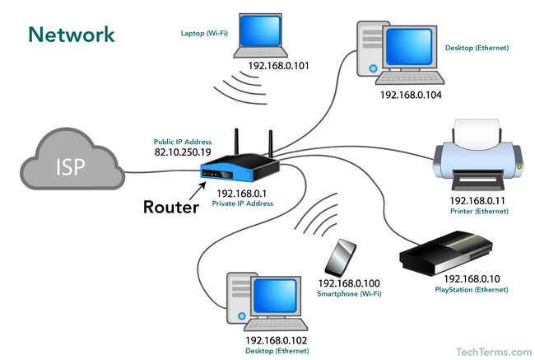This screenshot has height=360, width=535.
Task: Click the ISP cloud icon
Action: [x=72, y=160]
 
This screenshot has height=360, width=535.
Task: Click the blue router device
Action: [x=240, y=166]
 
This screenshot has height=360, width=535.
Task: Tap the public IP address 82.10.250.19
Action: [x=183, y=152]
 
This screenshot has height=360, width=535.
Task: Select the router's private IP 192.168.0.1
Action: [x=241, y=194]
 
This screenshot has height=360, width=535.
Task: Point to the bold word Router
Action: [x=171, y=207]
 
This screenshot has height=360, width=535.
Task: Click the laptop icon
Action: [x=260, y=35]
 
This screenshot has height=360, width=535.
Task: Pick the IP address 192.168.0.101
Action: [x=278, y=66]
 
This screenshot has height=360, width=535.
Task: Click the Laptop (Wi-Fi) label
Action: [x=204, y=33]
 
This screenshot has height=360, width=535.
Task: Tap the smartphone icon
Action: [x=341, y=258]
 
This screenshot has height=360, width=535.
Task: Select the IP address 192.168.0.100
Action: [x=349, y=283]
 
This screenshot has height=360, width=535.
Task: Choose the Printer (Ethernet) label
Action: [x=479, y=211]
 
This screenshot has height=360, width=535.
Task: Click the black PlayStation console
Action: [x=446, y=253]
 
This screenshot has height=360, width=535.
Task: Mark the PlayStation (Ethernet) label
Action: [x=472, y=290]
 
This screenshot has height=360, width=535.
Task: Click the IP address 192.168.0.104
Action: [x=411, y=95]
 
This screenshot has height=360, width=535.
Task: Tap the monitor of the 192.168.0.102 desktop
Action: [x=276, y=297]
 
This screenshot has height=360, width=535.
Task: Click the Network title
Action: [x=72, y=35]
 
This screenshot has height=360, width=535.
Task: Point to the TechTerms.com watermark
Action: [x=494, y=352]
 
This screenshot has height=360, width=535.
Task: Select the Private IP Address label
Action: [x=243, y=203]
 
